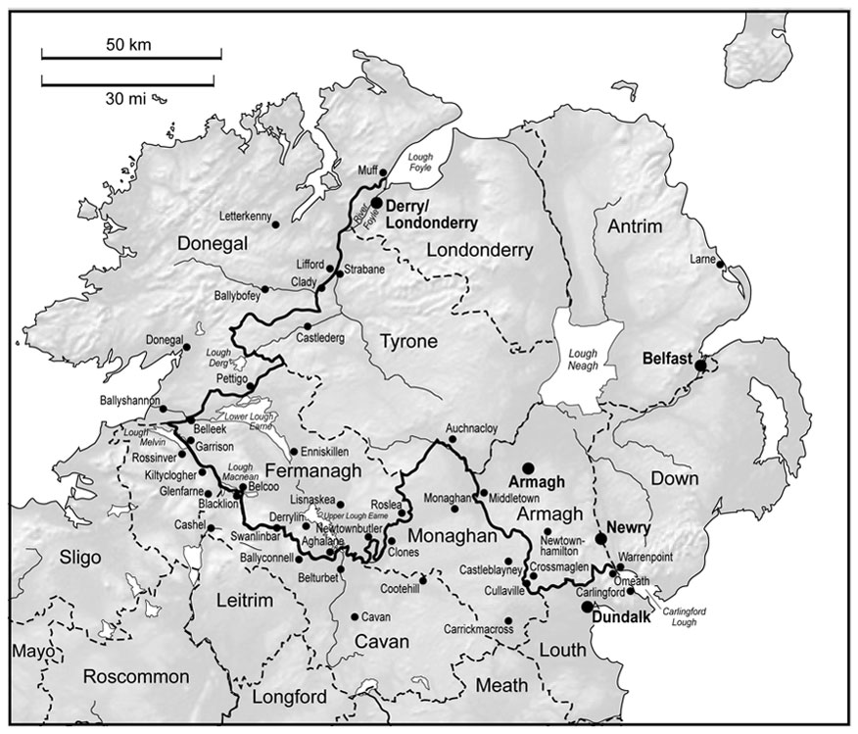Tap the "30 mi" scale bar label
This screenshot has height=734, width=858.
point(122,98)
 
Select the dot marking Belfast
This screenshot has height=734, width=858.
point(700,366)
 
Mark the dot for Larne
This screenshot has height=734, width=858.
point(720,264)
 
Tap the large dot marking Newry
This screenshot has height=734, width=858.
point(601,539)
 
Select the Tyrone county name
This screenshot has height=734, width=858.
point(404,340)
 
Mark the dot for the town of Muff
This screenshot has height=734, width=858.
point(383,173)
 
